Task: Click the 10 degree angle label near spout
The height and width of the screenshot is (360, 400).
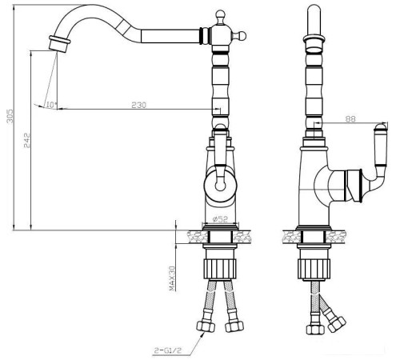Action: pos(51,105)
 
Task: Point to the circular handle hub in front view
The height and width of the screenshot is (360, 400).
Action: pos(219,186)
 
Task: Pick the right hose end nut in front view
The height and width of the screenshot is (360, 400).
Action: pos(234,326)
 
